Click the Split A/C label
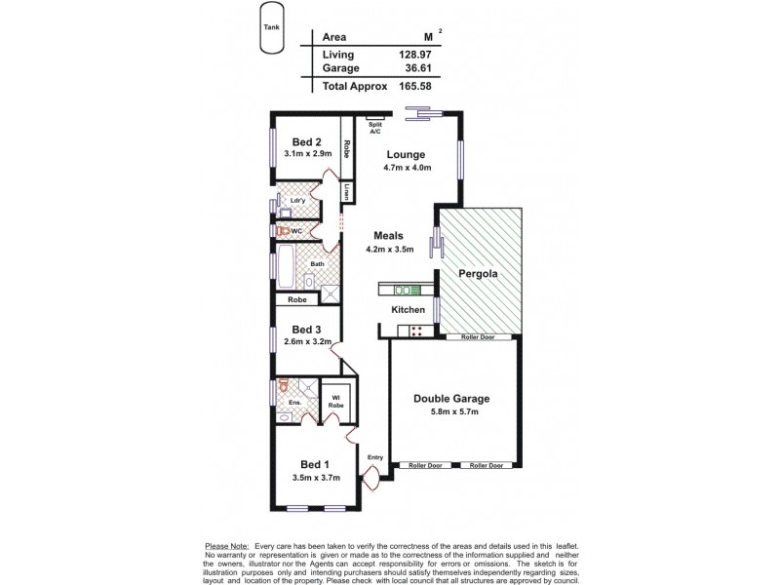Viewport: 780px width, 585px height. click(375, 128)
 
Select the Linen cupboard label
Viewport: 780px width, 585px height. click(346, 191)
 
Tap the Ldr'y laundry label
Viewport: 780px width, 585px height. click(299, 201)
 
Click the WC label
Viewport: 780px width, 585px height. click(297, 231)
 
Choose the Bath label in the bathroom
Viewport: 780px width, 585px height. click(317, 264)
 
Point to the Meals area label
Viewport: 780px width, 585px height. click(388, 236)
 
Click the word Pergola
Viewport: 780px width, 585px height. click(481, 275)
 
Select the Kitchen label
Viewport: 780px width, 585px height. click(409, 309)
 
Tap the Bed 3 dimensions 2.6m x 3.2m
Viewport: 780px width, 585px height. click(307, 342)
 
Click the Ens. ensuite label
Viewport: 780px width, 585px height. click(292, 402)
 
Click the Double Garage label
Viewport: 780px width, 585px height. click(450, 398)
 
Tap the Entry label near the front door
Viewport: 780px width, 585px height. click(374, 456)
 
